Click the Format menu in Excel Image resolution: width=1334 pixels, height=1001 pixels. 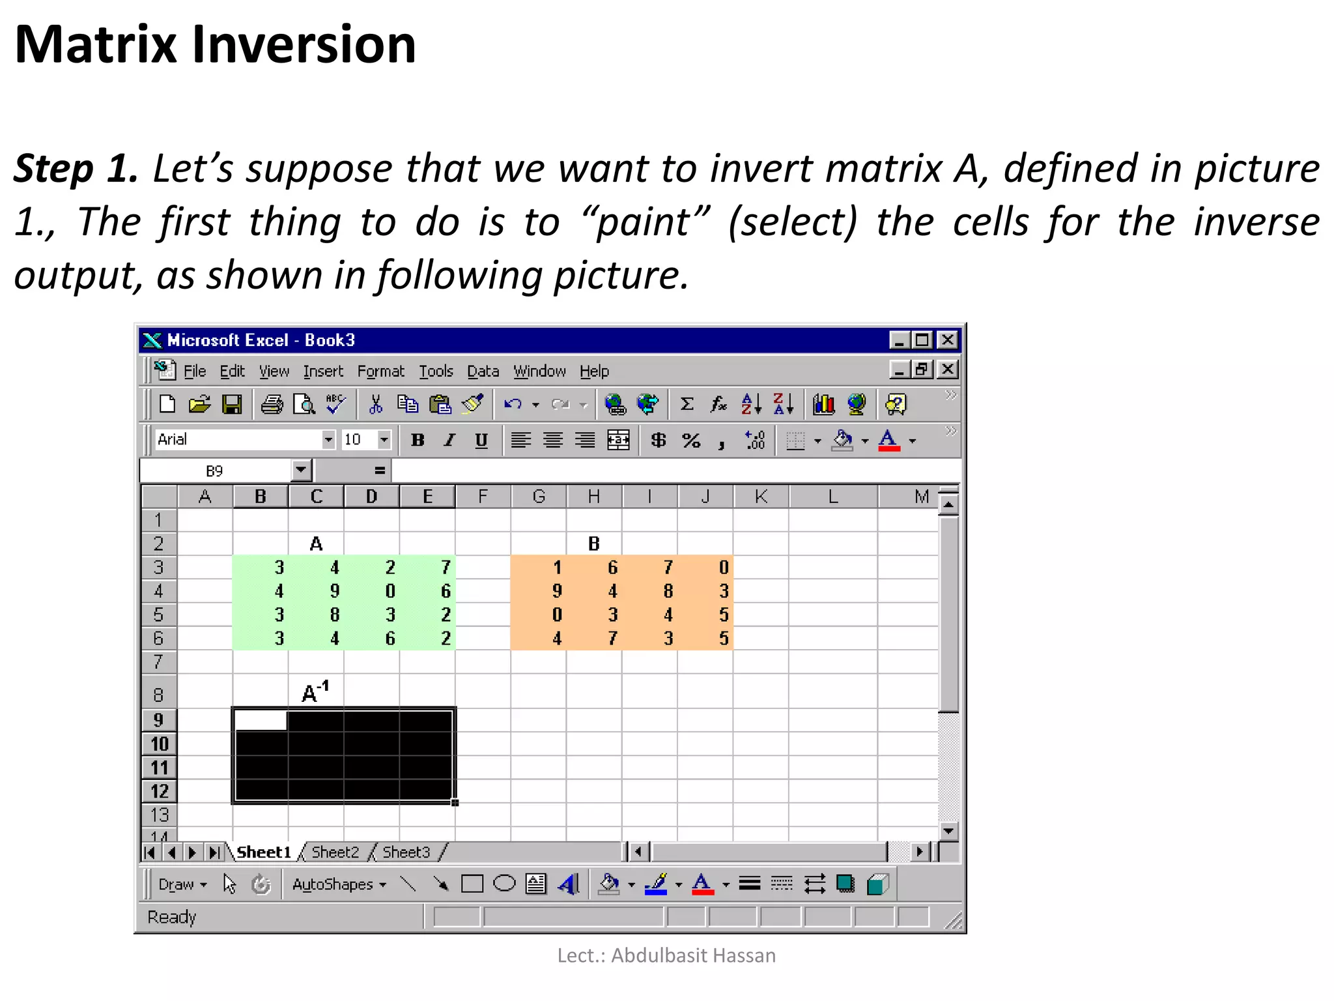tap(380, 371)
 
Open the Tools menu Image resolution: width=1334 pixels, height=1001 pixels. tap(436, 371)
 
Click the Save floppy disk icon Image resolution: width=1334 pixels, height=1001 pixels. tap(232, 405)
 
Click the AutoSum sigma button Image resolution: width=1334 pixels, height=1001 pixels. tap(687, 405)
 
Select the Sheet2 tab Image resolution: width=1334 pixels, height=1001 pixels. tap(335, 852)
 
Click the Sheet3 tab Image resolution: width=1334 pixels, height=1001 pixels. tap(406, 852)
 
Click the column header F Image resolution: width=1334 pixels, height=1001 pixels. tap(483, 497)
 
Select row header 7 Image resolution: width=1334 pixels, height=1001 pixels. tap(158, 662)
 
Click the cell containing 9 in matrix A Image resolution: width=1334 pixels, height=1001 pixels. tap(334, 591)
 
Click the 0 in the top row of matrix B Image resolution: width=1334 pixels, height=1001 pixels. tap(723, 568)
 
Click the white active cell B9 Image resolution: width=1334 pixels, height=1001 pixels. tap(260, 720)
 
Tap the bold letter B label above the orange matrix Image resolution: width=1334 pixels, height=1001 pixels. tap(593, 544)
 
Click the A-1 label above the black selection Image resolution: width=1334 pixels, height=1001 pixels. tap(316, 692)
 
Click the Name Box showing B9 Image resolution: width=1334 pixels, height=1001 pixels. tap(215, 471)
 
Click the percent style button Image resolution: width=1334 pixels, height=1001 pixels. tap(691, 441)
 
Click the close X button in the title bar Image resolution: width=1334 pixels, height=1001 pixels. tap(948, 340)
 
